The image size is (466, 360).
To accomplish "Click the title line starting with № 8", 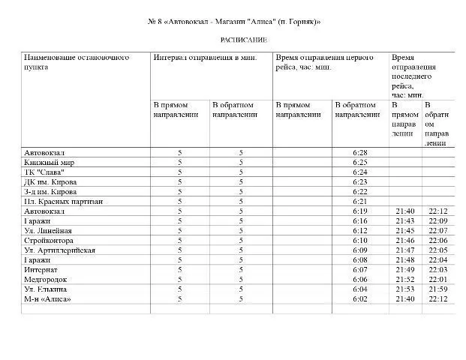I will pyautogui.click(x=233, y=21).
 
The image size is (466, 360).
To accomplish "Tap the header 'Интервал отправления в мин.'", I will pyautogui.click(x=206, y=57).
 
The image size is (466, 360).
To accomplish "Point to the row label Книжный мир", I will pyautogui.click(x=49, y=162).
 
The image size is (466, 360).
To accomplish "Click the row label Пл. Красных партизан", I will pyautogui.click(x=63, y=201).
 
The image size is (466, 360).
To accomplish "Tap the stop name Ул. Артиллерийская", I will pyautogui.click(x=59, y=250).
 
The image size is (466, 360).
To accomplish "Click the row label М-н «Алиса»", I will pyautogui.click(x=48, y=298).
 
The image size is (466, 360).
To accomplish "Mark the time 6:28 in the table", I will pyautogui.click(x=359, y=152).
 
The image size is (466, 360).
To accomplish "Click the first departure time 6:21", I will pyautogui.click(x=359, y=201).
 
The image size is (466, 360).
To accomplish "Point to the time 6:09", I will pyautogui.click(x=359, y=250).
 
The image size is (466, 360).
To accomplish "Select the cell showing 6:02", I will pyautogui.click(x=359, y=298).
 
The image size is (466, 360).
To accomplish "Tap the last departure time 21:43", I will pyautogui.click(x=404, y=220).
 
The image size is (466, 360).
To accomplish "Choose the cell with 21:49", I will pyautogui.click(x=404, y=269).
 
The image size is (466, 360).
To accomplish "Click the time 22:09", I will pyautogui.click(x=438, y=220).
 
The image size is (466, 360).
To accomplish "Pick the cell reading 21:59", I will pyautogui.click(x=438, y=289).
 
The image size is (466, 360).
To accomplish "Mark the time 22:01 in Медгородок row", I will pyautogui.click(x=438, y=279).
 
